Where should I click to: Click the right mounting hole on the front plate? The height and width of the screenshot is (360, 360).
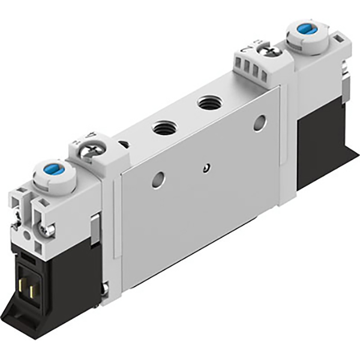259,123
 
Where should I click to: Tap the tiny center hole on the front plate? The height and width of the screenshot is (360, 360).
207,167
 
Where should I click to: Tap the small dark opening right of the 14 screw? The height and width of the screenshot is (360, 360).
124,145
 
